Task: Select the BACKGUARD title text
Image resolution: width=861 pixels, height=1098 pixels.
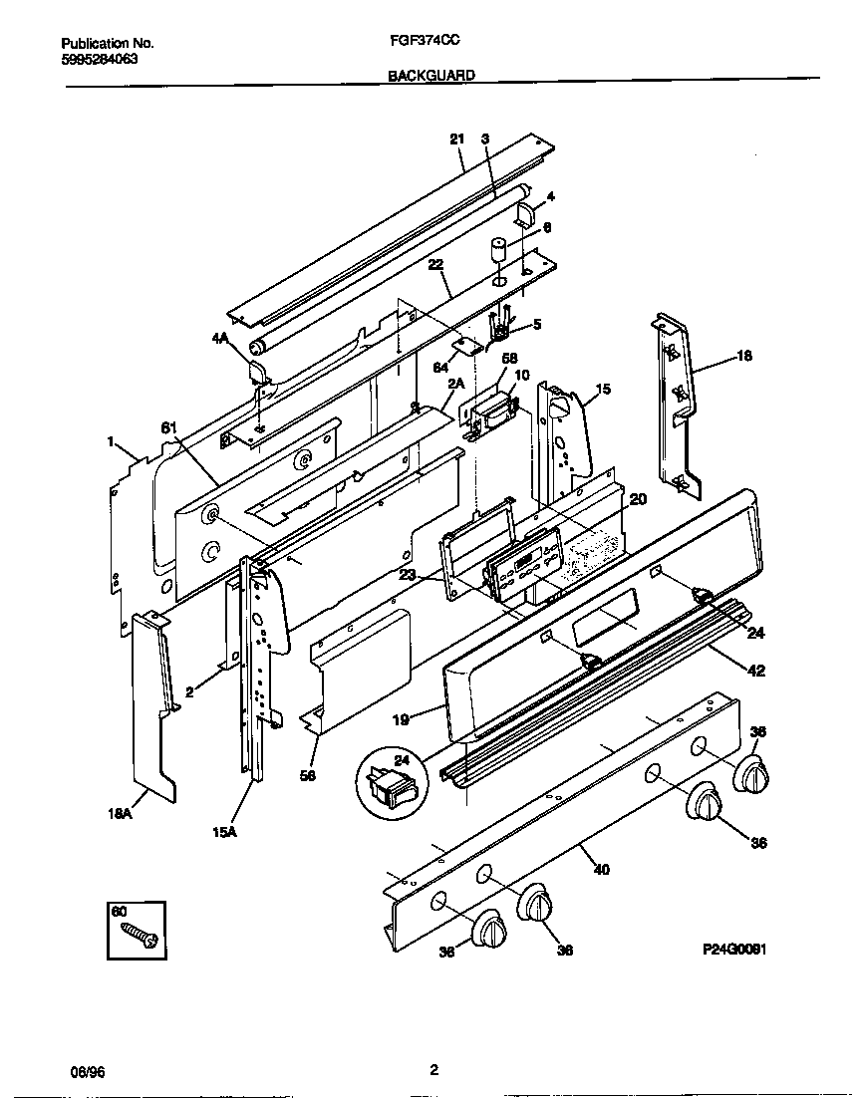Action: (x=431, y=75)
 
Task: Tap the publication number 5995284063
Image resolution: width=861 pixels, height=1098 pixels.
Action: (x=99, y=59)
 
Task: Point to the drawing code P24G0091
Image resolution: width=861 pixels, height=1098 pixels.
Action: (x=734, y=951)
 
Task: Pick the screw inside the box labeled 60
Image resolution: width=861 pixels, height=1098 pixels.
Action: (x=137, y=934)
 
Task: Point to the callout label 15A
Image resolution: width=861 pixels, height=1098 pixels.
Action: (x=224, y=834)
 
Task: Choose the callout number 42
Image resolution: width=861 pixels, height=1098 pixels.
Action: (x=756, y=671)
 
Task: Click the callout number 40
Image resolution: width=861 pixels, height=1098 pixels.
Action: (x=600, y=869)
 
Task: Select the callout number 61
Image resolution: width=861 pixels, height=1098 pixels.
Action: (x=168, y=427)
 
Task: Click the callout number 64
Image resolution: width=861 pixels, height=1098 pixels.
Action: (x=439, y=368)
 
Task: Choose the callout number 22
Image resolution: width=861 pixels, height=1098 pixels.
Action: (x=435, y=264)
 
